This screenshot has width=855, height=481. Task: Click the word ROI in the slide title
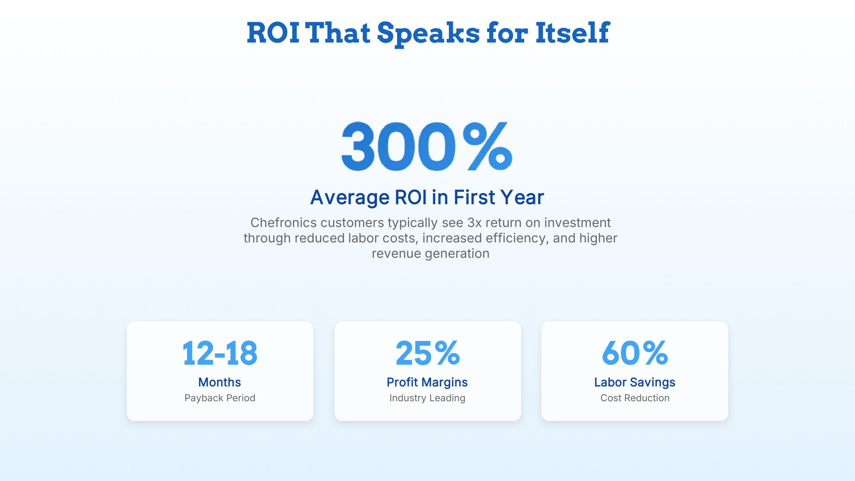coord(273,33)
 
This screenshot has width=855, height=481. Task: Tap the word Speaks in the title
coord(429,33)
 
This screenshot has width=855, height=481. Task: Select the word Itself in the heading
coord(573,33)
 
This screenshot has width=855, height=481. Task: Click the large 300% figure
coord(427,146)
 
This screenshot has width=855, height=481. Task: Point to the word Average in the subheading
coord(350,197)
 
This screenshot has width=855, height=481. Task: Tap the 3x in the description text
coord(474,222)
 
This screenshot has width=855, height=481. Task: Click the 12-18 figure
coord(220,353)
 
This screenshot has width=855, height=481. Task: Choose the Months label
coord(220,382)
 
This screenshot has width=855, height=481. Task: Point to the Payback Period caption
coord(220,398)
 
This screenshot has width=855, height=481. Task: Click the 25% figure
coord(427,353)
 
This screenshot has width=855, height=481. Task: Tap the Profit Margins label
coord(427,382)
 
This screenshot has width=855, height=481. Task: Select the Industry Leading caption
coord(427,398)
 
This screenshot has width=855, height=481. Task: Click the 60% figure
coord(635,353)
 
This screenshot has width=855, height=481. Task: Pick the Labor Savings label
coord(635,382)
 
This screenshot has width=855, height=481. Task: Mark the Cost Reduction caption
coord(635,398)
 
